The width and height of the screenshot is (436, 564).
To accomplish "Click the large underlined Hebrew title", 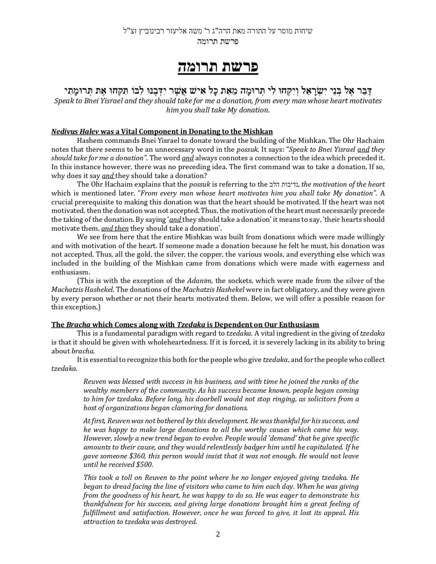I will (218, 66).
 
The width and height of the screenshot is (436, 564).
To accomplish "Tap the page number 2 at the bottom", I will (218, 534).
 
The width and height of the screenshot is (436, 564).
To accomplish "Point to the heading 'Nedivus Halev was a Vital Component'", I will (162, 132).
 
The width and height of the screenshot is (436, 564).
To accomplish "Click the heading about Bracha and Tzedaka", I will (185, 325).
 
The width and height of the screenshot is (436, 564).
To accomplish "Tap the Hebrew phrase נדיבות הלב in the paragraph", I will (284, 185).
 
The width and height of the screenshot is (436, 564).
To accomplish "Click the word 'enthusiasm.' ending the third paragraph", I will (71, 272).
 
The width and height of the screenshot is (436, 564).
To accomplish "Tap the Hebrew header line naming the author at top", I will (218, 31).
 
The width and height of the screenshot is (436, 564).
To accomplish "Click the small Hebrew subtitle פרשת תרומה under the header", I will (218, 41).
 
